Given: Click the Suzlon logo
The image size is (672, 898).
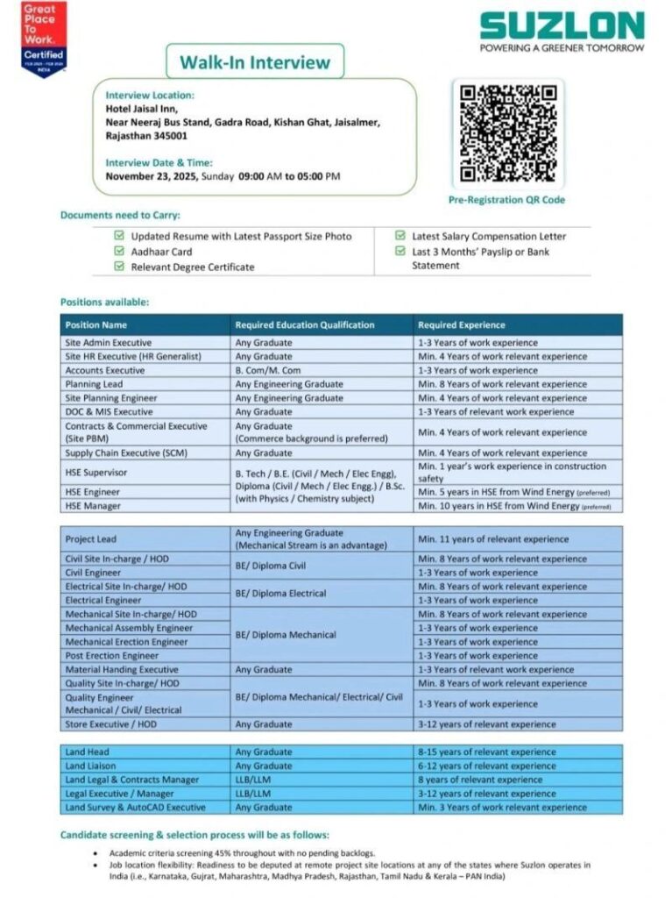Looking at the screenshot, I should click(x=562, y=31).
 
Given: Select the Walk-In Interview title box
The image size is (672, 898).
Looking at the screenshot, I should click(x=255, y=62).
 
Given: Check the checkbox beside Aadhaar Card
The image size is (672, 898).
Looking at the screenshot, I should click(x=119, y=252).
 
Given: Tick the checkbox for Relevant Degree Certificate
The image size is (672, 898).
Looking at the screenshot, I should click(x=119, y=267).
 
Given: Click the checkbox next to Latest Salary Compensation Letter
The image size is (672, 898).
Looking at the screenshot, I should click(x=400, y=236).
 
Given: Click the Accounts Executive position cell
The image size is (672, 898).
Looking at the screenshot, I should click(x=105, y=370).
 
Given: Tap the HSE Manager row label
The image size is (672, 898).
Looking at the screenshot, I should click(x=94, y=506).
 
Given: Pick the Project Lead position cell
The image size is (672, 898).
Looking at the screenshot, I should click(x=90, y=539).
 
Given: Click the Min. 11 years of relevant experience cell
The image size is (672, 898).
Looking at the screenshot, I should click(x=493, y=539).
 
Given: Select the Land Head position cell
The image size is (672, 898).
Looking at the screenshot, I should click(x=88, y=752).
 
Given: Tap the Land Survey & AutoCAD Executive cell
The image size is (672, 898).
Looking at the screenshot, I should click(x=135, y=807).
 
